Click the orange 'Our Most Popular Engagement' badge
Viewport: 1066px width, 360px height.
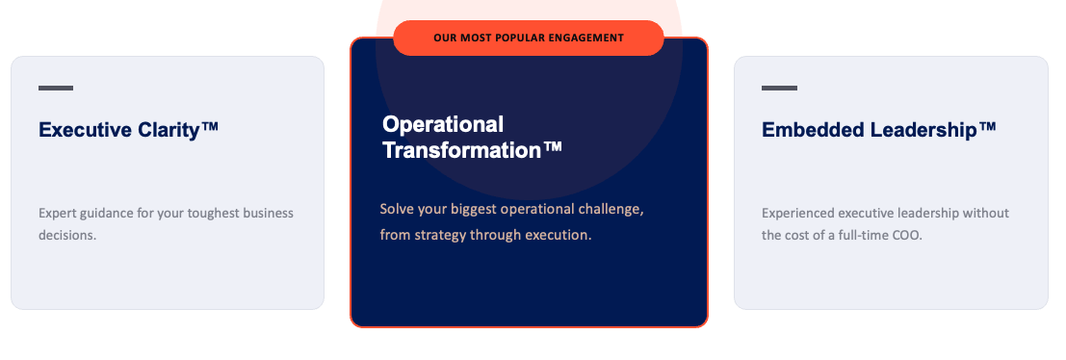[529, 39]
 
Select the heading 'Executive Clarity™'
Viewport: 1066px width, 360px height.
[128, 129]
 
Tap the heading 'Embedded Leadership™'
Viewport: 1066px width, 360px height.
[879, 129]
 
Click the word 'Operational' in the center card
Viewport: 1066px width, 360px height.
[443, 124]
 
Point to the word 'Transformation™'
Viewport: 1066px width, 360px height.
[473, 150]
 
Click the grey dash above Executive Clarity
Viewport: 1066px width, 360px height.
[56, 89]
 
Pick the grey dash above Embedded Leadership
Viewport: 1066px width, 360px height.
[779, 89]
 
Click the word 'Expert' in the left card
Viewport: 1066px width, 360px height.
[57, 214]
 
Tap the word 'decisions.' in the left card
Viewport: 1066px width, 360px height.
[67, 236]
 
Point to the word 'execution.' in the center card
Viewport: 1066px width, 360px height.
[563, 236]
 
